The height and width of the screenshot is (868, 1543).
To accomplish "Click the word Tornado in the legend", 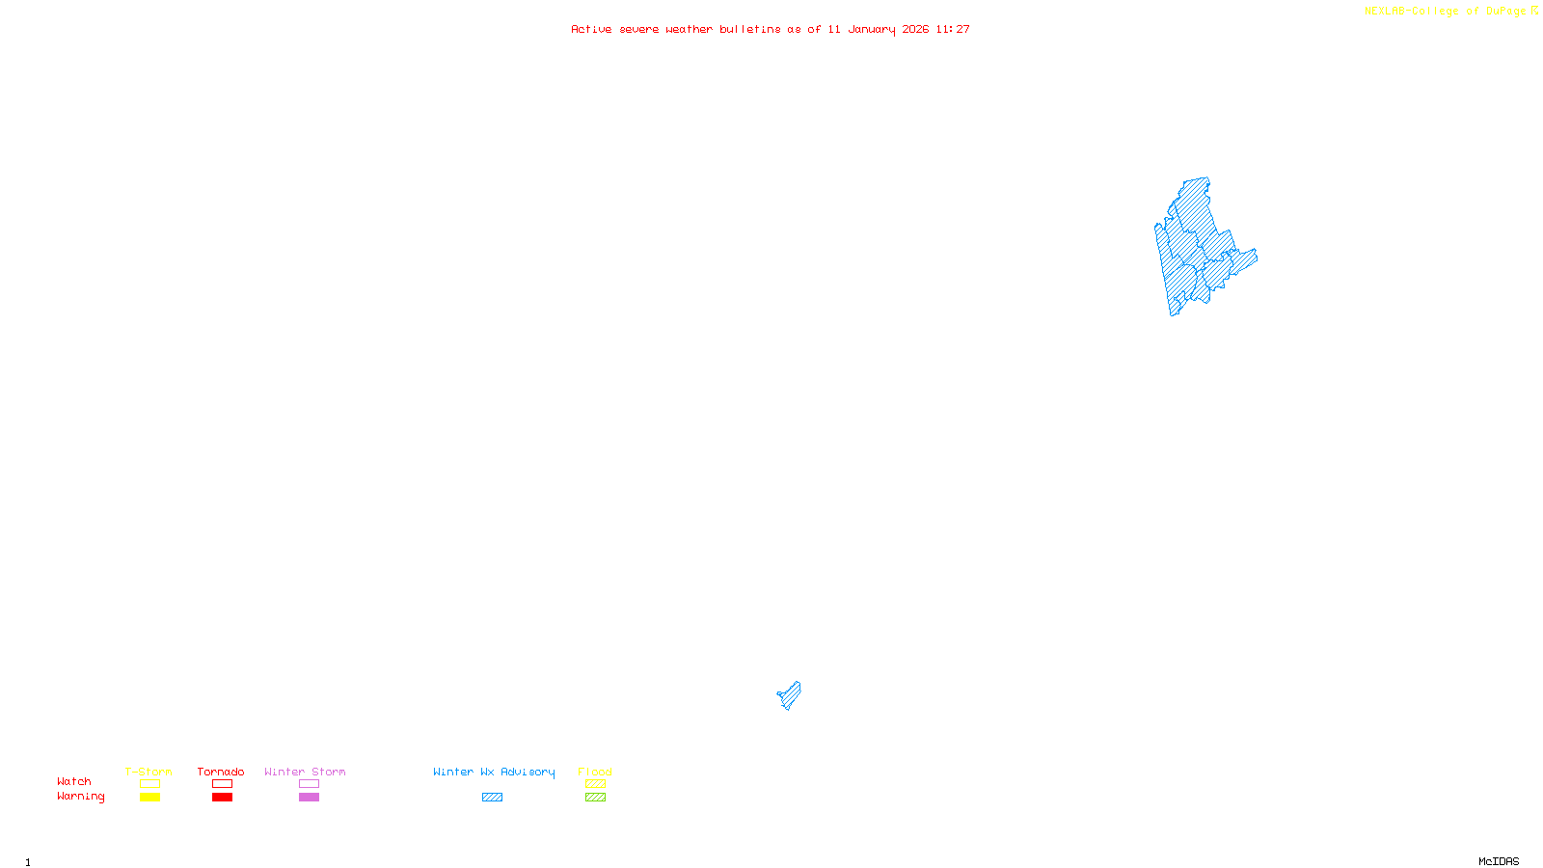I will (x=221, y=772).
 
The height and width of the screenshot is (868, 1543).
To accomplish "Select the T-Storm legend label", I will (x=149, y=772).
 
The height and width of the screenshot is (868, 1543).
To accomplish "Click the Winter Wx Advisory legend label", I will (x=494, y=772).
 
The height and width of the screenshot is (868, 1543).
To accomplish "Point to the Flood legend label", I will (x=595, y=772).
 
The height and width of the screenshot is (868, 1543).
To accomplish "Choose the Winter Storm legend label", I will (x=305, y=772).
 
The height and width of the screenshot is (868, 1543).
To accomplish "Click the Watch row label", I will (x=74, y=781).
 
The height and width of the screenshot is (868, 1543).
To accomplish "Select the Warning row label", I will (x=81, y=797).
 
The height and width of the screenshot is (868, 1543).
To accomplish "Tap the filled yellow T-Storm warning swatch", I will (x=149, y=798).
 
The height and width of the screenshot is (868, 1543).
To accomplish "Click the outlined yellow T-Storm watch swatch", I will (x=149, y=784).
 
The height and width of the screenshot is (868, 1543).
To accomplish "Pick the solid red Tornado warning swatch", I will (x=222, y=798).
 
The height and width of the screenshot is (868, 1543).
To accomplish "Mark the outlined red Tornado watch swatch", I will (x=222, y=784).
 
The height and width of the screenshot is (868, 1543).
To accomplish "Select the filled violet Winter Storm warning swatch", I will (x=309, y=798).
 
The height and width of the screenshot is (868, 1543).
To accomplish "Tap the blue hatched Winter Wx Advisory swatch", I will (x=492, y=798).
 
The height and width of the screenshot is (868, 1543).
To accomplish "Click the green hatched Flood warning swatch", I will (x=595, y=798).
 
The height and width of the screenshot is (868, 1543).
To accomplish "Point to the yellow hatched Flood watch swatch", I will (x=595, y=784).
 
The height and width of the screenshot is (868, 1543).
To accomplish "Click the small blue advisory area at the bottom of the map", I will (x=790, y=695).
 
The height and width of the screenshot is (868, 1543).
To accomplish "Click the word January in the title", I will (x=872, y=29).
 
